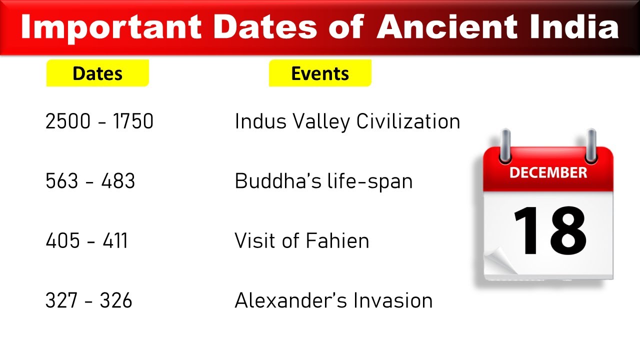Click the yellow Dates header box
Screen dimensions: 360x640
tap(97, 73)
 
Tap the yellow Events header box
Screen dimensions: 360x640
tap(320, 73)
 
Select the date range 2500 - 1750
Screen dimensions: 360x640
tap(99, 121)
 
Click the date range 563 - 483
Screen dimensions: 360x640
tap(90, 181)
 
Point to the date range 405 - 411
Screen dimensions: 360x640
tap(86, 241)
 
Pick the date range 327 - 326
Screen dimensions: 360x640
tap(88, 300)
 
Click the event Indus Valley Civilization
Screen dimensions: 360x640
tap(347, 121)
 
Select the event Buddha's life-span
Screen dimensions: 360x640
tap(323, 181)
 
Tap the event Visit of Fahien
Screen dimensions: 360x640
tap(301, 241)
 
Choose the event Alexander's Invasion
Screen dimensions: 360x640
tap(333, 300)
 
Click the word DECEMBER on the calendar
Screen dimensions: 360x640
tap(548, 173)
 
